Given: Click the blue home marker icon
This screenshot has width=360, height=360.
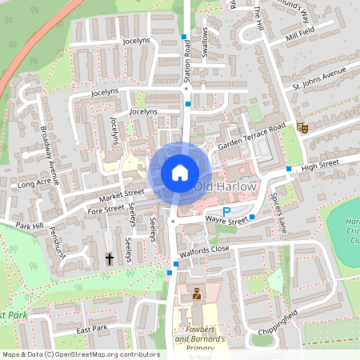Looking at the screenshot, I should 179,173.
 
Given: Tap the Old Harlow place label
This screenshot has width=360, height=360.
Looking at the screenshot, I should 226,186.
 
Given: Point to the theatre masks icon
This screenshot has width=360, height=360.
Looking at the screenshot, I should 302,127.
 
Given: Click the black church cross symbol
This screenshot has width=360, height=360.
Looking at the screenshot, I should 110,258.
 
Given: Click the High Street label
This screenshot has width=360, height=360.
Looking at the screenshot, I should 320,163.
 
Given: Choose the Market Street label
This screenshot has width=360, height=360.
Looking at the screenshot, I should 122,194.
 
